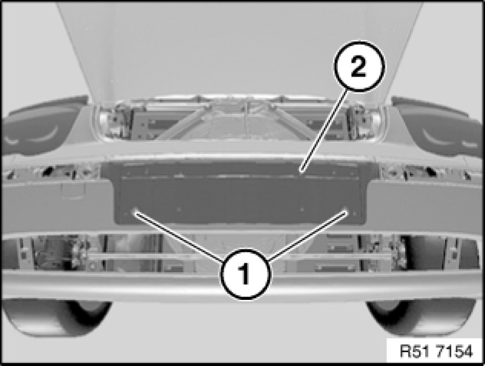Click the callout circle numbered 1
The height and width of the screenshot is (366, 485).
(x=246, y=274)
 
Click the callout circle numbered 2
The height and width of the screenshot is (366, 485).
(x=359, y=66)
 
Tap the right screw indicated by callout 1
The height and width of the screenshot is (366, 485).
(x=346, y=212)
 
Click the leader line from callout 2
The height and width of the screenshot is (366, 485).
(x=324, y=131)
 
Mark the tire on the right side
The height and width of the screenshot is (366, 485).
(x=421, y=318)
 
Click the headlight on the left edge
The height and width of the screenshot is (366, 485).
(x=40, y=127)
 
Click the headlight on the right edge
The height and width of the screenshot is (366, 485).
(x=439, y=127)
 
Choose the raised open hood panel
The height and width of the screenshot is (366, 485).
(x=239, y=49)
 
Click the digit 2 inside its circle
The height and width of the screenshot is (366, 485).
(x=359, y=66)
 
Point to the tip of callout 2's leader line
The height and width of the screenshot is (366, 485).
(x=302, y=171)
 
